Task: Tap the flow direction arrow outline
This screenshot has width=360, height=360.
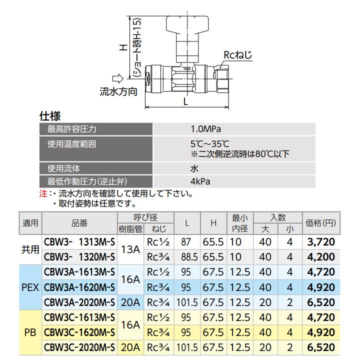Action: point(117,78)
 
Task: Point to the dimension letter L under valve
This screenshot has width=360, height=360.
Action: point(186,101)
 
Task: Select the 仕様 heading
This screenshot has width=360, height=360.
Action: point(50,116)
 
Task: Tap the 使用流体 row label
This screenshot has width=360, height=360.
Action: point(64,168)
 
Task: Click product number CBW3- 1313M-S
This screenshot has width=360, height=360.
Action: point(80,242)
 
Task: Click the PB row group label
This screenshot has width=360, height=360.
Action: point(30,332)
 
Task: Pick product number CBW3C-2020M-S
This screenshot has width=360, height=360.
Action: point(80,347)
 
